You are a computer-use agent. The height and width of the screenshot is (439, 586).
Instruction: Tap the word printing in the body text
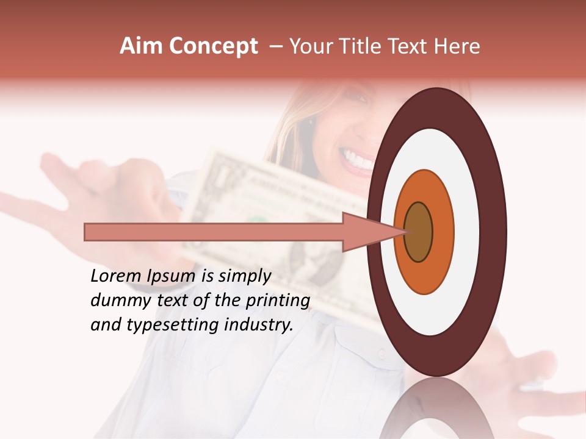click(x=277, y=301)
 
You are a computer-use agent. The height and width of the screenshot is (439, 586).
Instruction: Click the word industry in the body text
click(x=259, y=325)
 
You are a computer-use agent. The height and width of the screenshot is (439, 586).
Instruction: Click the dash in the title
click(x=275, y=46)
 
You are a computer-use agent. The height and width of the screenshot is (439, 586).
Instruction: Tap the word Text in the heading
click(x=410, y=46)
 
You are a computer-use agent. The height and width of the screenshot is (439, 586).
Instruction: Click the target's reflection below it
click(x=436, y=412)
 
